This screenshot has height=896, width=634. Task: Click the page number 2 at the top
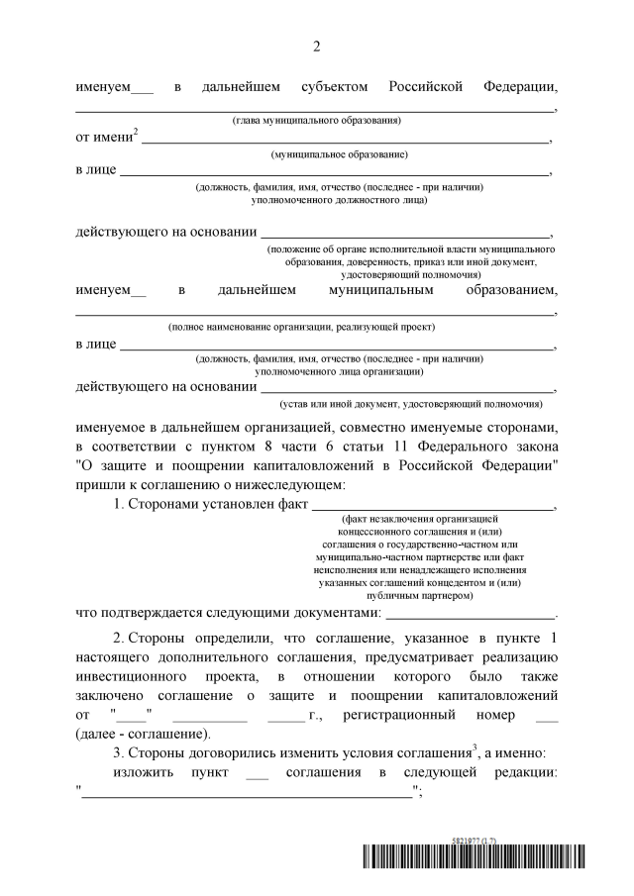(x=317, y=47)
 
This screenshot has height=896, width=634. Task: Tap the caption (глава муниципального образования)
(x=316, y=120)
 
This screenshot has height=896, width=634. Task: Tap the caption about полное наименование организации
(x=301, y=327)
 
